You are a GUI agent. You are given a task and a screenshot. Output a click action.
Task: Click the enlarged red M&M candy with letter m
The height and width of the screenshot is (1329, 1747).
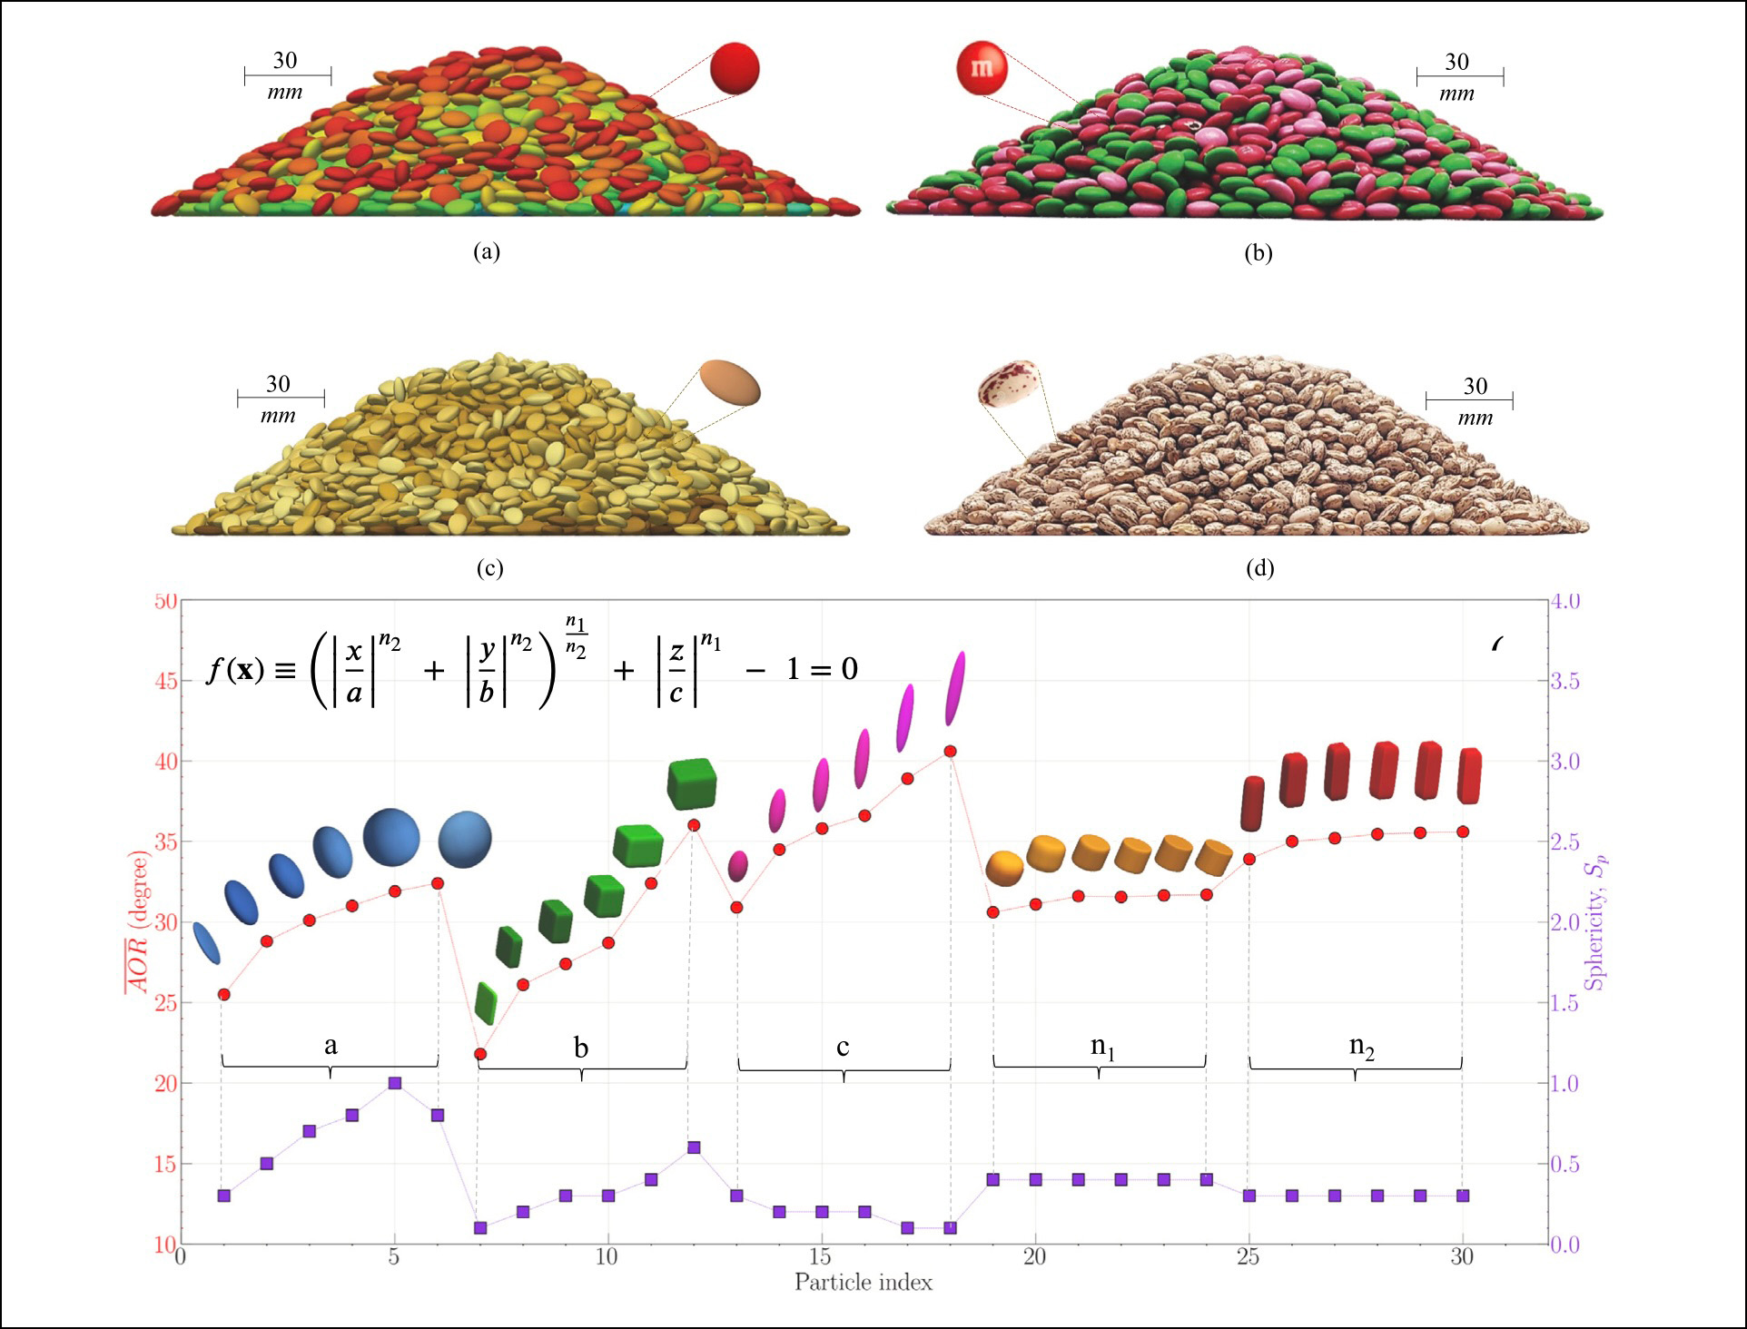tap(982, 67)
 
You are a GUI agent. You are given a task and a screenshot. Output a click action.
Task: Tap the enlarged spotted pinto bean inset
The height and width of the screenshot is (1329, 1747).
tap(1009, 384)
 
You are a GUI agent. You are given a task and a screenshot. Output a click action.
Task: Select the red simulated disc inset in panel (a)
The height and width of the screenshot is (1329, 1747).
tap(735, 68)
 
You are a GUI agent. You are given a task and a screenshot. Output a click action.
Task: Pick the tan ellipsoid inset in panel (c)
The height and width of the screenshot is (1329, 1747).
tap(729, 383)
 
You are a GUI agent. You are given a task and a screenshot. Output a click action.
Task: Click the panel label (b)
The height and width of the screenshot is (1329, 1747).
tap(1258, 253)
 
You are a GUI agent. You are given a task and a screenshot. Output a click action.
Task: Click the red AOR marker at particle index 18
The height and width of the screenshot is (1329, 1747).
tap(950, 751)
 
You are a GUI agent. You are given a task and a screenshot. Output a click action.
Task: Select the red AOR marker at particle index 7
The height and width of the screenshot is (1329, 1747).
tap(480, 1054)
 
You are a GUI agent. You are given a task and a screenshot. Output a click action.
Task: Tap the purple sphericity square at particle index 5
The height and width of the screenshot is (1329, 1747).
tap(394, 1083)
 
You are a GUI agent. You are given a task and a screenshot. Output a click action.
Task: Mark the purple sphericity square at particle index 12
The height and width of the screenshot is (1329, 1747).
tap(694, 1147)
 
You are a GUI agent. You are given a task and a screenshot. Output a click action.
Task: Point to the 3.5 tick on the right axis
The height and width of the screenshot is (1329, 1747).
tap(1565, 681)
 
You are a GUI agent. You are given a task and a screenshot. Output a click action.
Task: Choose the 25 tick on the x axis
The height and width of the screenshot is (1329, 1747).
tap(1249, 1257)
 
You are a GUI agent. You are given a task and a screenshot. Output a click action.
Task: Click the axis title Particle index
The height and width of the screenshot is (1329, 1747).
tap(863, 1283)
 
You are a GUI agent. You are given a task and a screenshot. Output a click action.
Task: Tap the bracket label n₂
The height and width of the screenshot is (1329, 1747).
tap(1361, 1047)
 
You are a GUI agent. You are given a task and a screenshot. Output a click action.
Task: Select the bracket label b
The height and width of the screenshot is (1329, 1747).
tap(581, 1048)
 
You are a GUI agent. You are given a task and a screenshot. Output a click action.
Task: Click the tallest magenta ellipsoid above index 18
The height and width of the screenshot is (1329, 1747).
tap(955, 688)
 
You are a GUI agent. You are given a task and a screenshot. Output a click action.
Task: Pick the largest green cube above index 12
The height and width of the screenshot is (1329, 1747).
tap(692, 784)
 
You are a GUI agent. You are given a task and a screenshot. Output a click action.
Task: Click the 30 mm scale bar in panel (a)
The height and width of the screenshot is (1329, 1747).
tap(287, 76)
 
